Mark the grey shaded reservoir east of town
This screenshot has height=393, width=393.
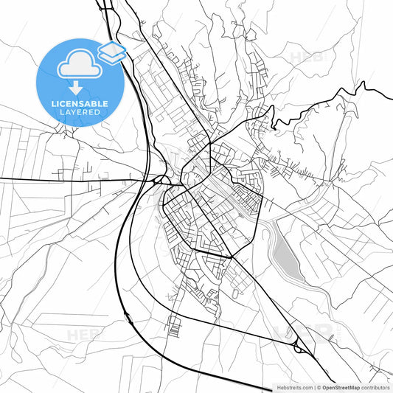pos(285,255)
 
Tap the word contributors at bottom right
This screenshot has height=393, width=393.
pos(375,387)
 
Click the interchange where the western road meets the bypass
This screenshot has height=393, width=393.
pos(159,179)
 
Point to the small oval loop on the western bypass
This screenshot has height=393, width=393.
pos(129,318)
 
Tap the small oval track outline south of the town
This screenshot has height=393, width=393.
pos(234,293)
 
